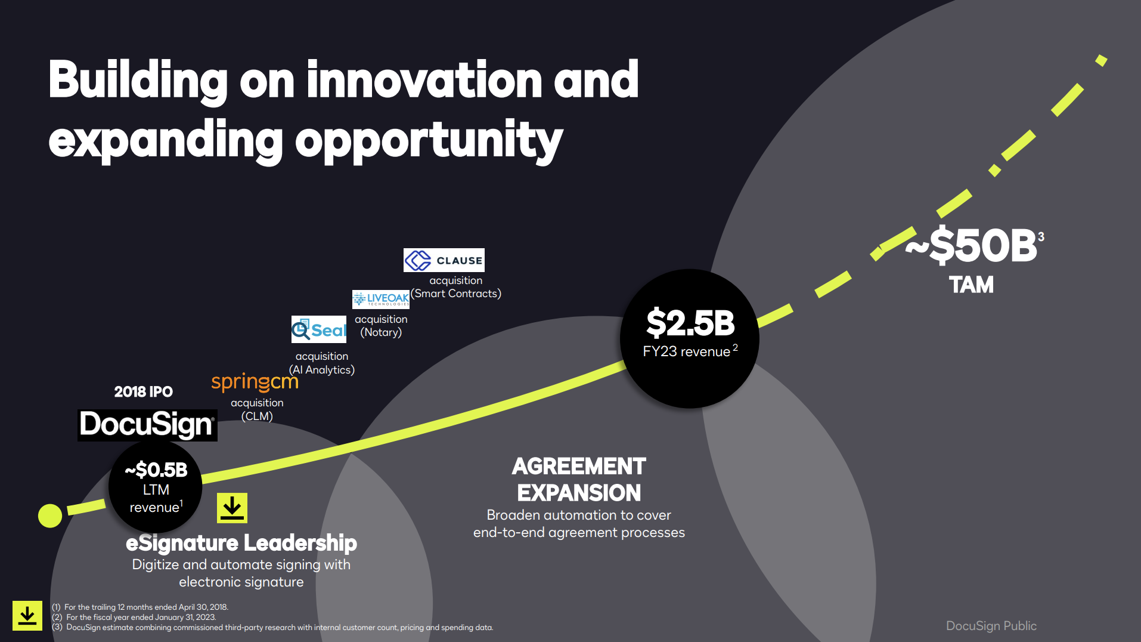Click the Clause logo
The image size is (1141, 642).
[x=444, y=260]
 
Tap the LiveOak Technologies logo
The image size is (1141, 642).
[x=381, y=299]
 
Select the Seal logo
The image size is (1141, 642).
[x=319, y=329]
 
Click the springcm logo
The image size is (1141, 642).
[x=255, y=382]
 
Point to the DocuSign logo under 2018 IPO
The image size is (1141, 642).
[x=147, y=425]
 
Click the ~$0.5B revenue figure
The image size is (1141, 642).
[x=156, y=470]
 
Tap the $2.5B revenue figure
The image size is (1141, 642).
[x=690, y=323]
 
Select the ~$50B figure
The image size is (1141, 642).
[x=972, y=245]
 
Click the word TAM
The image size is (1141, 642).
[x=972, y=285]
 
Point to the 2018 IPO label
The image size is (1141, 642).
[x=144, y=392]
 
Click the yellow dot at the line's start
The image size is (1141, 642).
[x=50, y=516]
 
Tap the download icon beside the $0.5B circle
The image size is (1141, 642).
[x=232, y=508]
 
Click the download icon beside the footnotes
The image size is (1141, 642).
[x=27, y=616]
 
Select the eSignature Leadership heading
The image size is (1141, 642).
[x=241, y=543]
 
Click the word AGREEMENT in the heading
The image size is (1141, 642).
[x=579, y=466]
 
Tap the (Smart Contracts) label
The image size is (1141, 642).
[x=456, y=294]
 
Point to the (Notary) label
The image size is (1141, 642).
[x=381, y=332]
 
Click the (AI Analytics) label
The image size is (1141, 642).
[x=322, y=370]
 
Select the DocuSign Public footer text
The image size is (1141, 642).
[x=991, y=626]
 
